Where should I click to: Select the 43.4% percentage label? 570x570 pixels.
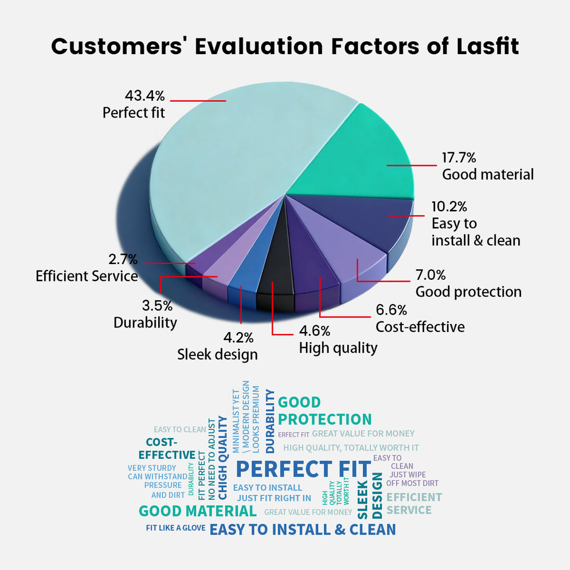click(145, 95)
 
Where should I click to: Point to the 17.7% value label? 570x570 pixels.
click(459, 158)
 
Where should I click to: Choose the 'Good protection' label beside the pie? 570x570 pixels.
click(468, 291)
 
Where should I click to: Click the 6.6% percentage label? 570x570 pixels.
click(391, 310)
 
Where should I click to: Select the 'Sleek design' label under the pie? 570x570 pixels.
click(217, 354)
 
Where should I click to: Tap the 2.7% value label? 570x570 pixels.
click(123, 259)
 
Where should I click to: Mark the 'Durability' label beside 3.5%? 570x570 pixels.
click(145, 322)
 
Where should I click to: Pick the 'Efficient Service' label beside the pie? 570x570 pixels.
click(87, 276)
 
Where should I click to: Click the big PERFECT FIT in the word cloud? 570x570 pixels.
click(302, 469)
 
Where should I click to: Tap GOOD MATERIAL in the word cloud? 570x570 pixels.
click(197, 511)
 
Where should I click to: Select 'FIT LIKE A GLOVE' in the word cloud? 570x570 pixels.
click(176, 528)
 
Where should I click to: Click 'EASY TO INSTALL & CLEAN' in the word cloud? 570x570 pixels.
click(302, 529)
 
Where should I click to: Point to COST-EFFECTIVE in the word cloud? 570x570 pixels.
click(166, 448)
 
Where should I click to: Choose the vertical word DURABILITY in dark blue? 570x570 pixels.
click(270, 421)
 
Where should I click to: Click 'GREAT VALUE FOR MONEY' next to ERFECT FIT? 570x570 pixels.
click(363, 433)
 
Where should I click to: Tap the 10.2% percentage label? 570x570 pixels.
click(449, 207)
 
